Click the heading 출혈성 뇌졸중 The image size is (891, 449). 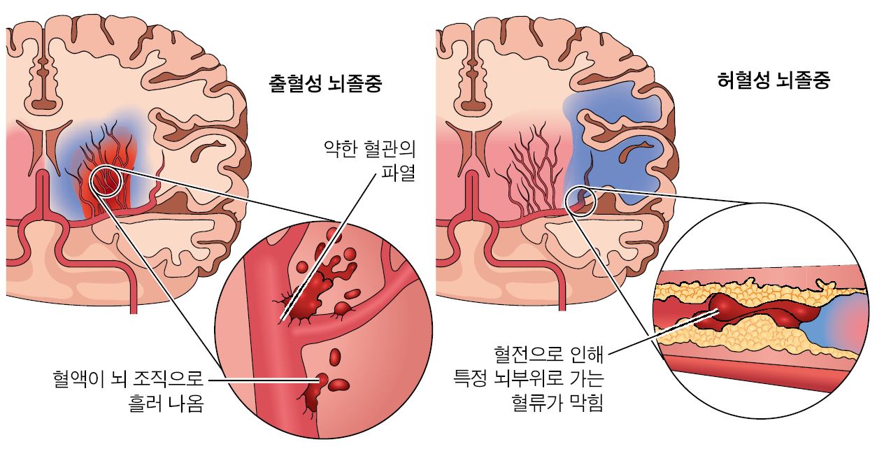325,83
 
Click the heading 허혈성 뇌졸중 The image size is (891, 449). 774,80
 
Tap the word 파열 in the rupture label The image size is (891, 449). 398,173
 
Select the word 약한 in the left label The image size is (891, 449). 339,149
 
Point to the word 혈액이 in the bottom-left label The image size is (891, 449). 78,378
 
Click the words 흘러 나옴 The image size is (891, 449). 166,404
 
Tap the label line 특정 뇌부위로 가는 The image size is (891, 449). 529,378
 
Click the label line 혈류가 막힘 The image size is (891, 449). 557,402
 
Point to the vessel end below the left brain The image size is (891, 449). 134,313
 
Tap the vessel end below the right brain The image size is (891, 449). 562,309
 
